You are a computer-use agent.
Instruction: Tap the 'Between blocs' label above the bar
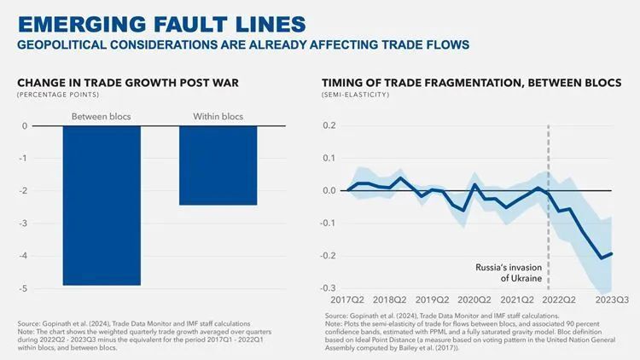point(101,116)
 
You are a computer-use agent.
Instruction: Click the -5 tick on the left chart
point(24,288)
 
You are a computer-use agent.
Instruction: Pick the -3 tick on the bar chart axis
point(24,224)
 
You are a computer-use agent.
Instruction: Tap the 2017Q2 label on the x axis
point(347,300)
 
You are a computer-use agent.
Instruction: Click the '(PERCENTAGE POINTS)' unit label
point(53,94)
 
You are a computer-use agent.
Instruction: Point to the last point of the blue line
point(612,253)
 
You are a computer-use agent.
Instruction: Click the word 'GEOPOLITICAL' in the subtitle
point(69,43)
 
